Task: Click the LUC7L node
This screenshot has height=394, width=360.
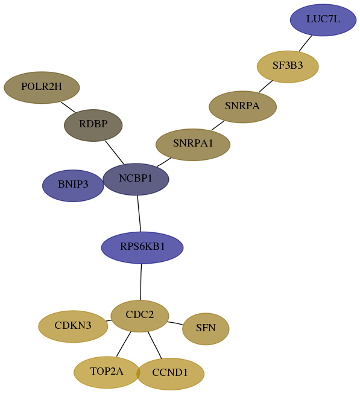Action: pos(323,20)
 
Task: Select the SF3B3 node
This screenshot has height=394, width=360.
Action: pos(288,66)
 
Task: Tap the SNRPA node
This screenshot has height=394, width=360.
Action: pos(243,107)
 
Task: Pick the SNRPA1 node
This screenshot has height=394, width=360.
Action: pos(193,144)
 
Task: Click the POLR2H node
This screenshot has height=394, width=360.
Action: pos(42,87)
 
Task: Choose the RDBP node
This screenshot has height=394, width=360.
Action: pos(93,125)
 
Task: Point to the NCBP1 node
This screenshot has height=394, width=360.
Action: pos(136,179)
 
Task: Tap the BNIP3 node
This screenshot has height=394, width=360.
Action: pos(73,185)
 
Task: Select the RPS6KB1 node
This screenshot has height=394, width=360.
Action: pos(142,247)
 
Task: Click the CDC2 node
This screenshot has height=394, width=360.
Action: pos(140,316)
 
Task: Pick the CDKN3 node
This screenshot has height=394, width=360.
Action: pos(73,326)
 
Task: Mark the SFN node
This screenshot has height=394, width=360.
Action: pos(206,329)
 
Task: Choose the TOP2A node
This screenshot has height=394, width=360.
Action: pos(107,372)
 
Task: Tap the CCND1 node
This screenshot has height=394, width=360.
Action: pos(170,374)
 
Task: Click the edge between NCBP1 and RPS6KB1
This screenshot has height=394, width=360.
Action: pos(139,214)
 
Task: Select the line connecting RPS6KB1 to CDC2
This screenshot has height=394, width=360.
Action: pos(141,282)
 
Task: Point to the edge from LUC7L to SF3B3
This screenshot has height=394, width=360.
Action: pos(306,43)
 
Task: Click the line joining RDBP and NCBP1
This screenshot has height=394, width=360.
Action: pos(115,153)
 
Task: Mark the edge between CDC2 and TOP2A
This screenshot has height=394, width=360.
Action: pos(124,344)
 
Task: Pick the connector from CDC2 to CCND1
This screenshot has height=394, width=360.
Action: pos(155,345)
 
